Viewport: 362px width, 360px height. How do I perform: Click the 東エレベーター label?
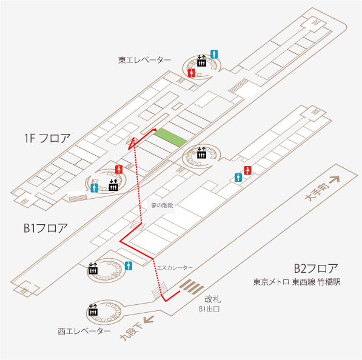click(145, 60)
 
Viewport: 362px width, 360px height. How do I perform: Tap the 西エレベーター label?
click(84, 331)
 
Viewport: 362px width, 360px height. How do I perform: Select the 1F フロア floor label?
click(47, 138)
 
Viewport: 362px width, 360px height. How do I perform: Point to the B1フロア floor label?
click(45, 228)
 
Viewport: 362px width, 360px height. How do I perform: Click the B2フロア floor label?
click(316, 268)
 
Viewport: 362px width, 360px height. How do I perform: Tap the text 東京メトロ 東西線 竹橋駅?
click(297, 282)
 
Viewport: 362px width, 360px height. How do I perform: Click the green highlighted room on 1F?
click(170, 138)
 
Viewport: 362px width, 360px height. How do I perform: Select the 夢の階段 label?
click(162, 205)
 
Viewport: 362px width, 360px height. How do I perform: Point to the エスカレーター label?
click(175, 268)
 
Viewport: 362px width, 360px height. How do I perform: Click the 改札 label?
click(213, 299)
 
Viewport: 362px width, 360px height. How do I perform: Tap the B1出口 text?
click(209, 309)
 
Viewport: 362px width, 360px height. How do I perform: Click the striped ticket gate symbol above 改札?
click(192, 287)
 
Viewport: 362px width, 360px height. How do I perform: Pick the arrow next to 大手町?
click(335, 180)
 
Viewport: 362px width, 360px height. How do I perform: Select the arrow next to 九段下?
click(149, 319)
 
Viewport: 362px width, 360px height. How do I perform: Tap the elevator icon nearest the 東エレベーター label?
click(201, 61)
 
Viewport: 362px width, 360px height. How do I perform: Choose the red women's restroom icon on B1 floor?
click(248, 170)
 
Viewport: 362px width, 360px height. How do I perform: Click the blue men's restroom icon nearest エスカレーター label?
click(129, 266)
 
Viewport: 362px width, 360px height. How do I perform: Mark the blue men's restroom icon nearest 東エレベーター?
click(214, 54)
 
